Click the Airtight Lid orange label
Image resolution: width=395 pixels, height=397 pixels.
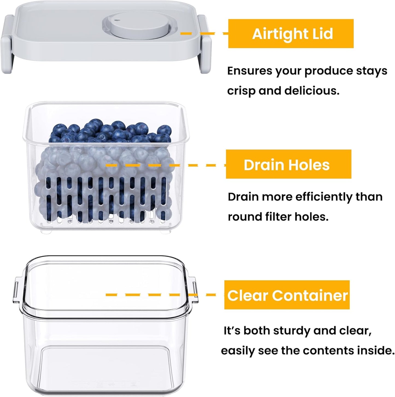point(291,34)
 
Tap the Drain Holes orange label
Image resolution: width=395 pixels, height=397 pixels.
point(288,164)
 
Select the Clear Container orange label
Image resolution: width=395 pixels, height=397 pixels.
point(287,295)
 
